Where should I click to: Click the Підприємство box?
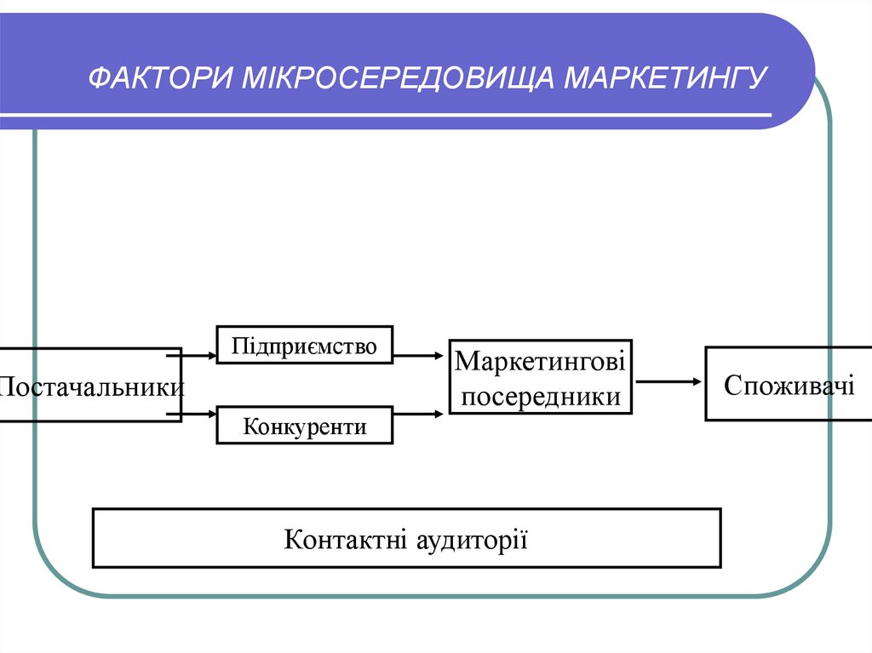[x=304, y=345]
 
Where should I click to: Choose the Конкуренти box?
[x=304, y=425]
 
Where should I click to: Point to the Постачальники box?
[x=89, y=385]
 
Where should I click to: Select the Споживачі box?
[x=789, y=383]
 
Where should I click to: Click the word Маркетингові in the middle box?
[x=540, y=361]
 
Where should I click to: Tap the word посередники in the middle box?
[x=540, y=396]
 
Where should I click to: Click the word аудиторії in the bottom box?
[x=473, y=538]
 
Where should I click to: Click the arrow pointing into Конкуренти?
[x=198, y=415]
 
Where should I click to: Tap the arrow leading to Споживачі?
[x=668, y=381]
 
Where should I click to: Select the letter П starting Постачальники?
[x=6, y=387]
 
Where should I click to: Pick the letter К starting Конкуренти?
[x=250, y=425]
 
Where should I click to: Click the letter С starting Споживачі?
[x=731, y=384]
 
